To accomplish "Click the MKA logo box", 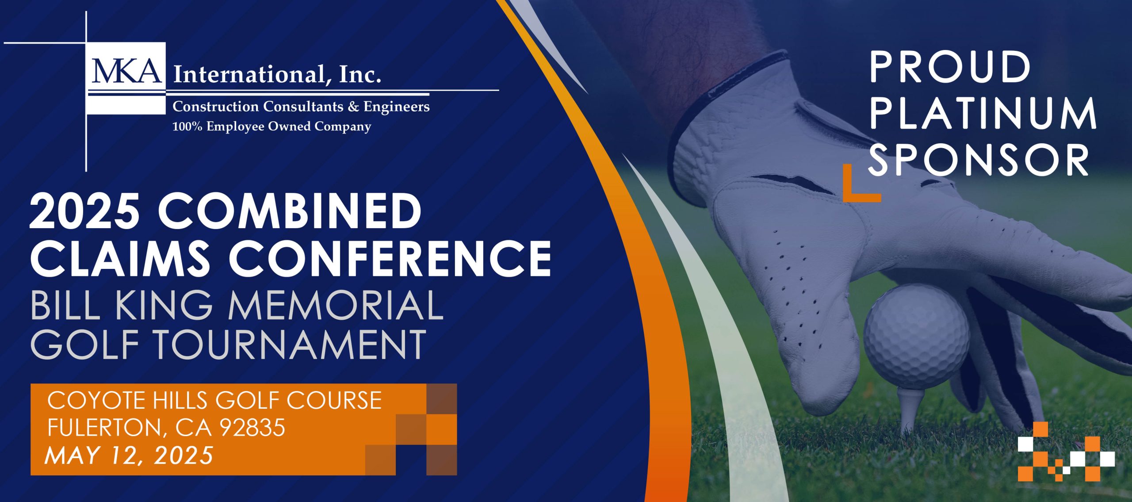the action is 126,77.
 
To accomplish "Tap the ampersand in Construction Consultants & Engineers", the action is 353,107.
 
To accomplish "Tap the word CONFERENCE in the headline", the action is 390,258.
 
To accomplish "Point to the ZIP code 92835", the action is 252,428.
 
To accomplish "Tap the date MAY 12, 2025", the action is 129,455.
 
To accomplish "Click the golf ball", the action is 916,336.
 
